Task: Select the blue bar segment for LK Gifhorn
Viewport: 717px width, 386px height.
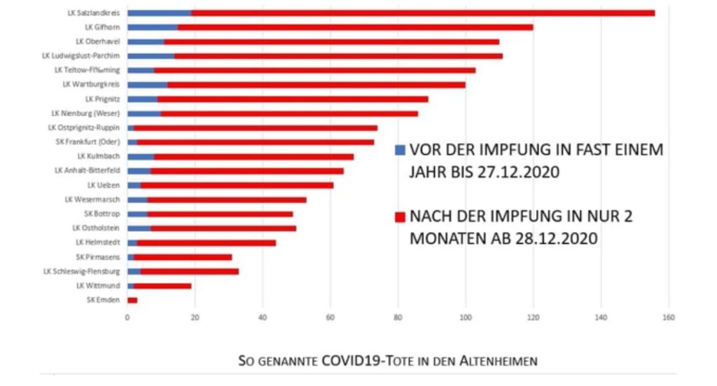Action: pos(153,27)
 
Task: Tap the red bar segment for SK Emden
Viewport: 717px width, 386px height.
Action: pos(132,300)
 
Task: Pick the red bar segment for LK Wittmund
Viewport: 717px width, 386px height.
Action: pos(162,286)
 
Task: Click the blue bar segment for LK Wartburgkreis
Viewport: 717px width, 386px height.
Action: pos(147,85)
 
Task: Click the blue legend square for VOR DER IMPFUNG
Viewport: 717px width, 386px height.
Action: pos(400,150)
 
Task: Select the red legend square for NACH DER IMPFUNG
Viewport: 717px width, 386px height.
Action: pos(400,216)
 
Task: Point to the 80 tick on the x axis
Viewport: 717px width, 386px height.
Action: pos(398,318)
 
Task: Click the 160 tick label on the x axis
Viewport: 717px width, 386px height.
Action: pos(668,318)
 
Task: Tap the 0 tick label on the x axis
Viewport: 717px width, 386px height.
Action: pos(127,318)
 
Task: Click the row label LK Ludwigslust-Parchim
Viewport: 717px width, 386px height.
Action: pos(81,56)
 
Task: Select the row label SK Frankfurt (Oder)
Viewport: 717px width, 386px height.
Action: pos(88,142)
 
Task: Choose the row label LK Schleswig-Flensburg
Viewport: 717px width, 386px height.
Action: pos(82,271)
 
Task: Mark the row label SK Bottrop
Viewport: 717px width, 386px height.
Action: pos(101,214)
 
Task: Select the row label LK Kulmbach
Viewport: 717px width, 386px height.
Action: pos(99,156)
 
